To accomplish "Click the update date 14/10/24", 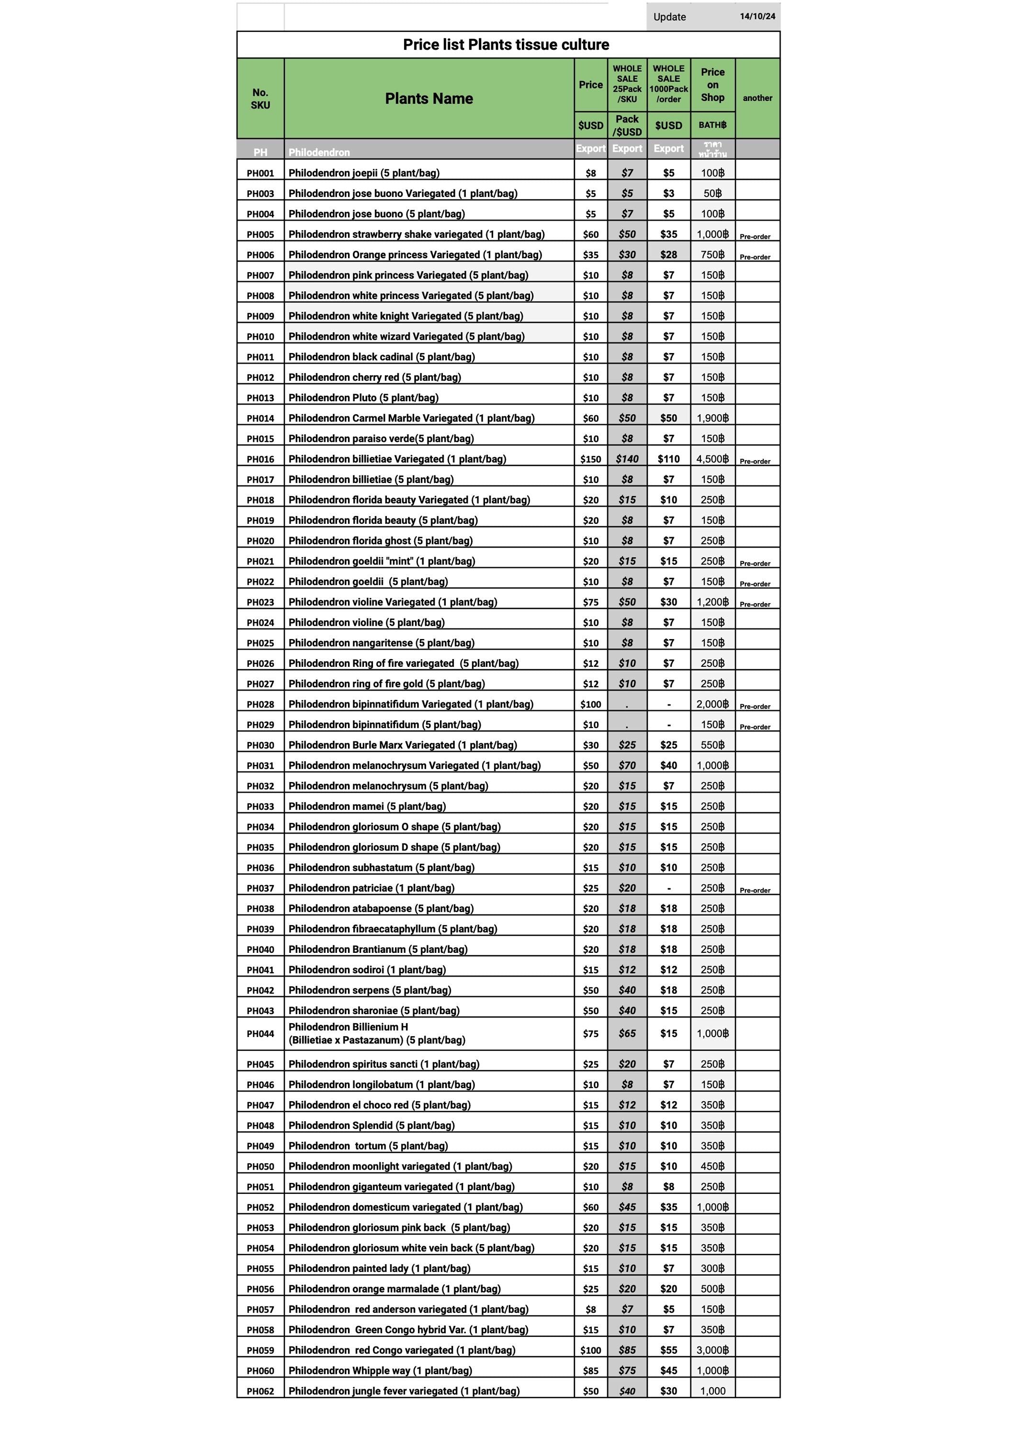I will [757, 16].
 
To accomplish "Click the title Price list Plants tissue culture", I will [506, 45].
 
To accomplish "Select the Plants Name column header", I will [429, 98].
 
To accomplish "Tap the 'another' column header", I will [757, 98].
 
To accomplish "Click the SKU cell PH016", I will [260, 459].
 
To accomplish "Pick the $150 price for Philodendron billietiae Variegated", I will [590, 459].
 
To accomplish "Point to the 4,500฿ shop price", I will [712, 459].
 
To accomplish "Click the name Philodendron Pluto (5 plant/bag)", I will [363, 397].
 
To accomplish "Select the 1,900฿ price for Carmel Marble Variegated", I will [712, 418].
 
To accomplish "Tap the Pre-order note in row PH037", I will [755, 890].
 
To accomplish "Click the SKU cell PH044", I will [260, 1034].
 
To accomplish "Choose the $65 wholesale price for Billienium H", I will [627, 1034].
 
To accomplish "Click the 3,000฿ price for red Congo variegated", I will [712, 1350].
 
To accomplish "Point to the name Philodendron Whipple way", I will [380, 1370].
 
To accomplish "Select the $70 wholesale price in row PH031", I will [627, 766].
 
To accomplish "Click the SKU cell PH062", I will [260, 1391].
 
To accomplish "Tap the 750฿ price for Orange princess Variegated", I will [712, 254].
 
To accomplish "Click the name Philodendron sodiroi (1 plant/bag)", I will [367, 970].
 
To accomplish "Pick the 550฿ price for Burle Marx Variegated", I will [712, 745].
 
